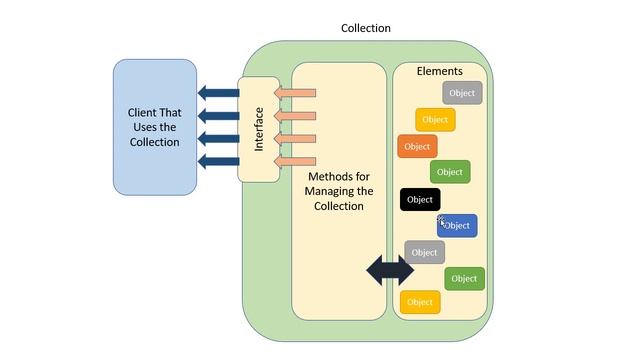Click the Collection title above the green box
click(x=365, y=28)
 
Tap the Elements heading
click(x=439, y=71)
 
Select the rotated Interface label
click(x=259, y=129)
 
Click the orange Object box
click(x=417, y=146)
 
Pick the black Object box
click(x=420, y=199)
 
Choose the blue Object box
click(x=457, y=225)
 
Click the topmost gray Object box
click(x=462, y=93)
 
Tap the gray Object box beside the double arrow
click(x=425, y=252)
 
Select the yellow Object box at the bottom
click(x=420, y=301)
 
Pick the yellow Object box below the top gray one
click(x=435, y=120)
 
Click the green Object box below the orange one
click(x=450, y=172)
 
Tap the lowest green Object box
click(x=464, y=278)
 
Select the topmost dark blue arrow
click(x=217, y=94)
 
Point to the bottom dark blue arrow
click(x=217, y=161)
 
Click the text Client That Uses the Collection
click(x=154, y=127)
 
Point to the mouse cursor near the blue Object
click(x=441, y=220)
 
